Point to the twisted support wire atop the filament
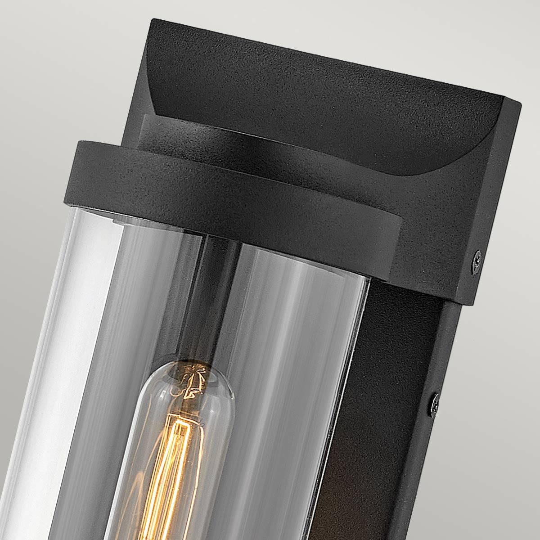pyautogui.click(x=193, y=382)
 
